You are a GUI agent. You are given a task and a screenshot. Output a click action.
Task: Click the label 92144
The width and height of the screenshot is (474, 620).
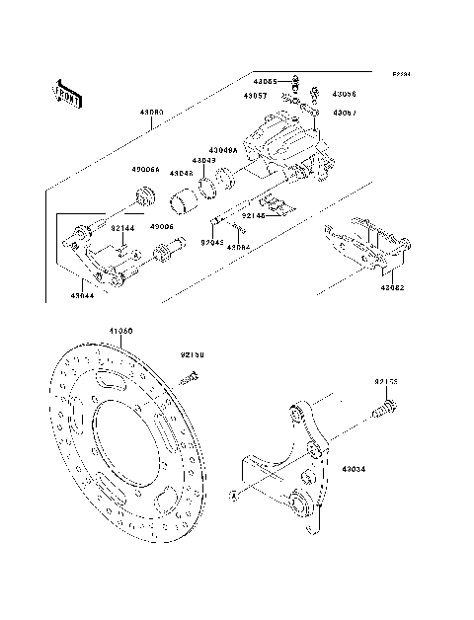(121, 229)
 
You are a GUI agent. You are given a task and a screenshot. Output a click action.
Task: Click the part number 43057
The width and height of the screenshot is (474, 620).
(257, 97)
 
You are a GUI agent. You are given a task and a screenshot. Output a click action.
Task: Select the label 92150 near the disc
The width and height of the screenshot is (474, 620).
(192, 352)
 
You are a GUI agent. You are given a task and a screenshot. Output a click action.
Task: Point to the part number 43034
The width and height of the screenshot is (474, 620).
(355, 470)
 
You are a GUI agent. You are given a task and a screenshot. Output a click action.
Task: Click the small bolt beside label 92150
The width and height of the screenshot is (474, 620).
(193, 375)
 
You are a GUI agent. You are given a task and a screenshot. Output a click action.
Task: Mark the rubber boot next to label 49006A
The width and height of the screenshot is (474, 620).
(144, 195)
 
